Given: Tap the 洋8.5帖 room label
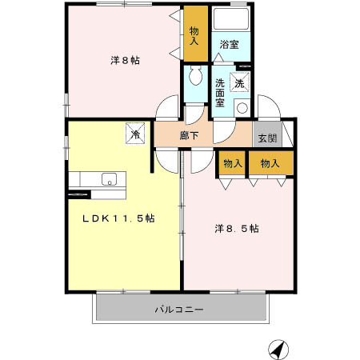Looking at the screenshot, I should [x=236, y=228].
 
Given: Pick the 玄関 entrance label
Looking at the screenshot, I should [x=266, y=137].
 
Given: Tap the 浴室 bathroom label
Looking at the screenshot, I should [x=230, y=45].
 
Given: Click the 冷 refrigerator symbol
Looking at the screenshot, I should [x=136, y=134].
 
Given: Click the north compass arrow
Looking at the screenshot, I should [x=278, y=350].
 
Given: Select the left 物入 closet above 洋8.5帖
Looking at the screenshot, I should [x=232, y=163].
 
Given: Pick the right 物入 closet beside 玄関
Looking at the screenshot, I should [x=270, y=163].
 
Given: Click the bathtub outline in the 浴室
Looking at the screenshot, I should [x=231, y=19].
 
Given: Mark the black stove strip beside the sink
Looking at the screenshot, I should [x=79, y=194].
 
